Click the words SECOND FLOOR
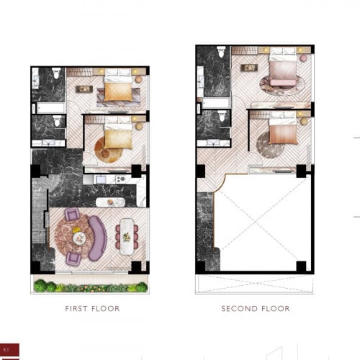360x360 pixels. click(x=256, y=308)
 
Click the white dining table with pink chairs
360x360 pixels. click(x=127, y=235)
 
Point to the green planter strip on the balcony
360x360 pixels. click(x=90, y=287)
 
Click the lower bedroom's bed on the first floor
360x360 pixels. click(x=118, y=135)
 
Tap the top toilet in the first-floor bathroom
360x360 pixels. click(x=55, y=73)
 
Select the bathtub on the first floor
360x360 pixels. click(x=49, y=108)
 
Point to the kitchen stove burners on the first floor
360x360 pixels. click(x=102, y=178)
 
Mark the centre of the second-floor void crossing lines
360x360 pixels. click(x=256, y=223)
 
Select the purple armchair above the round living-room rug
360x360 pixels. click(x=72, y=214)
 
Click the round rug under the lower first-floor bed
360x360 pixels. click(x=108, y=150)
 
